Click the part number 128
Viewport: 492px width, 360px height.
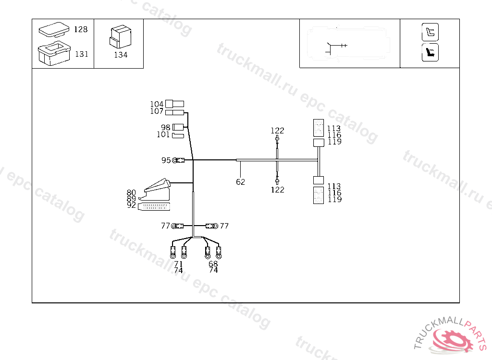pos(81,29)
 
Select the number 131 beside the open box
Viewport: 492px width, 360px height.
pos(82,54)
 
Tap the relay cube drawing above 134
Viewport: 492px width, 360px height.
pos(121,36)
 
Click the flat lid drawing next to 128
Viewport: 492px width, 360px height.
pos(54,29)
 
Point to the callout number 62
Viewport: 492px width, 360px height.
pos(240,182)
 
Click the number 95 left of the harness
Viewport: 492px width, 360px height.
pos(166,160)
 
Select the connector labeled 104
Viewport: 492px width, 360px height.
pos(175,104)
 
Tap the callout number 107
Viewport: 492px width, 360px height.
pos(157,111)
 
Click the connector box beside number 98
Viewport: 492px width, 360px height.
pos(178,127)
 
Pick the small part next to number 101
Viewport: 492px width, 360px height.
pos(178,135)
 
